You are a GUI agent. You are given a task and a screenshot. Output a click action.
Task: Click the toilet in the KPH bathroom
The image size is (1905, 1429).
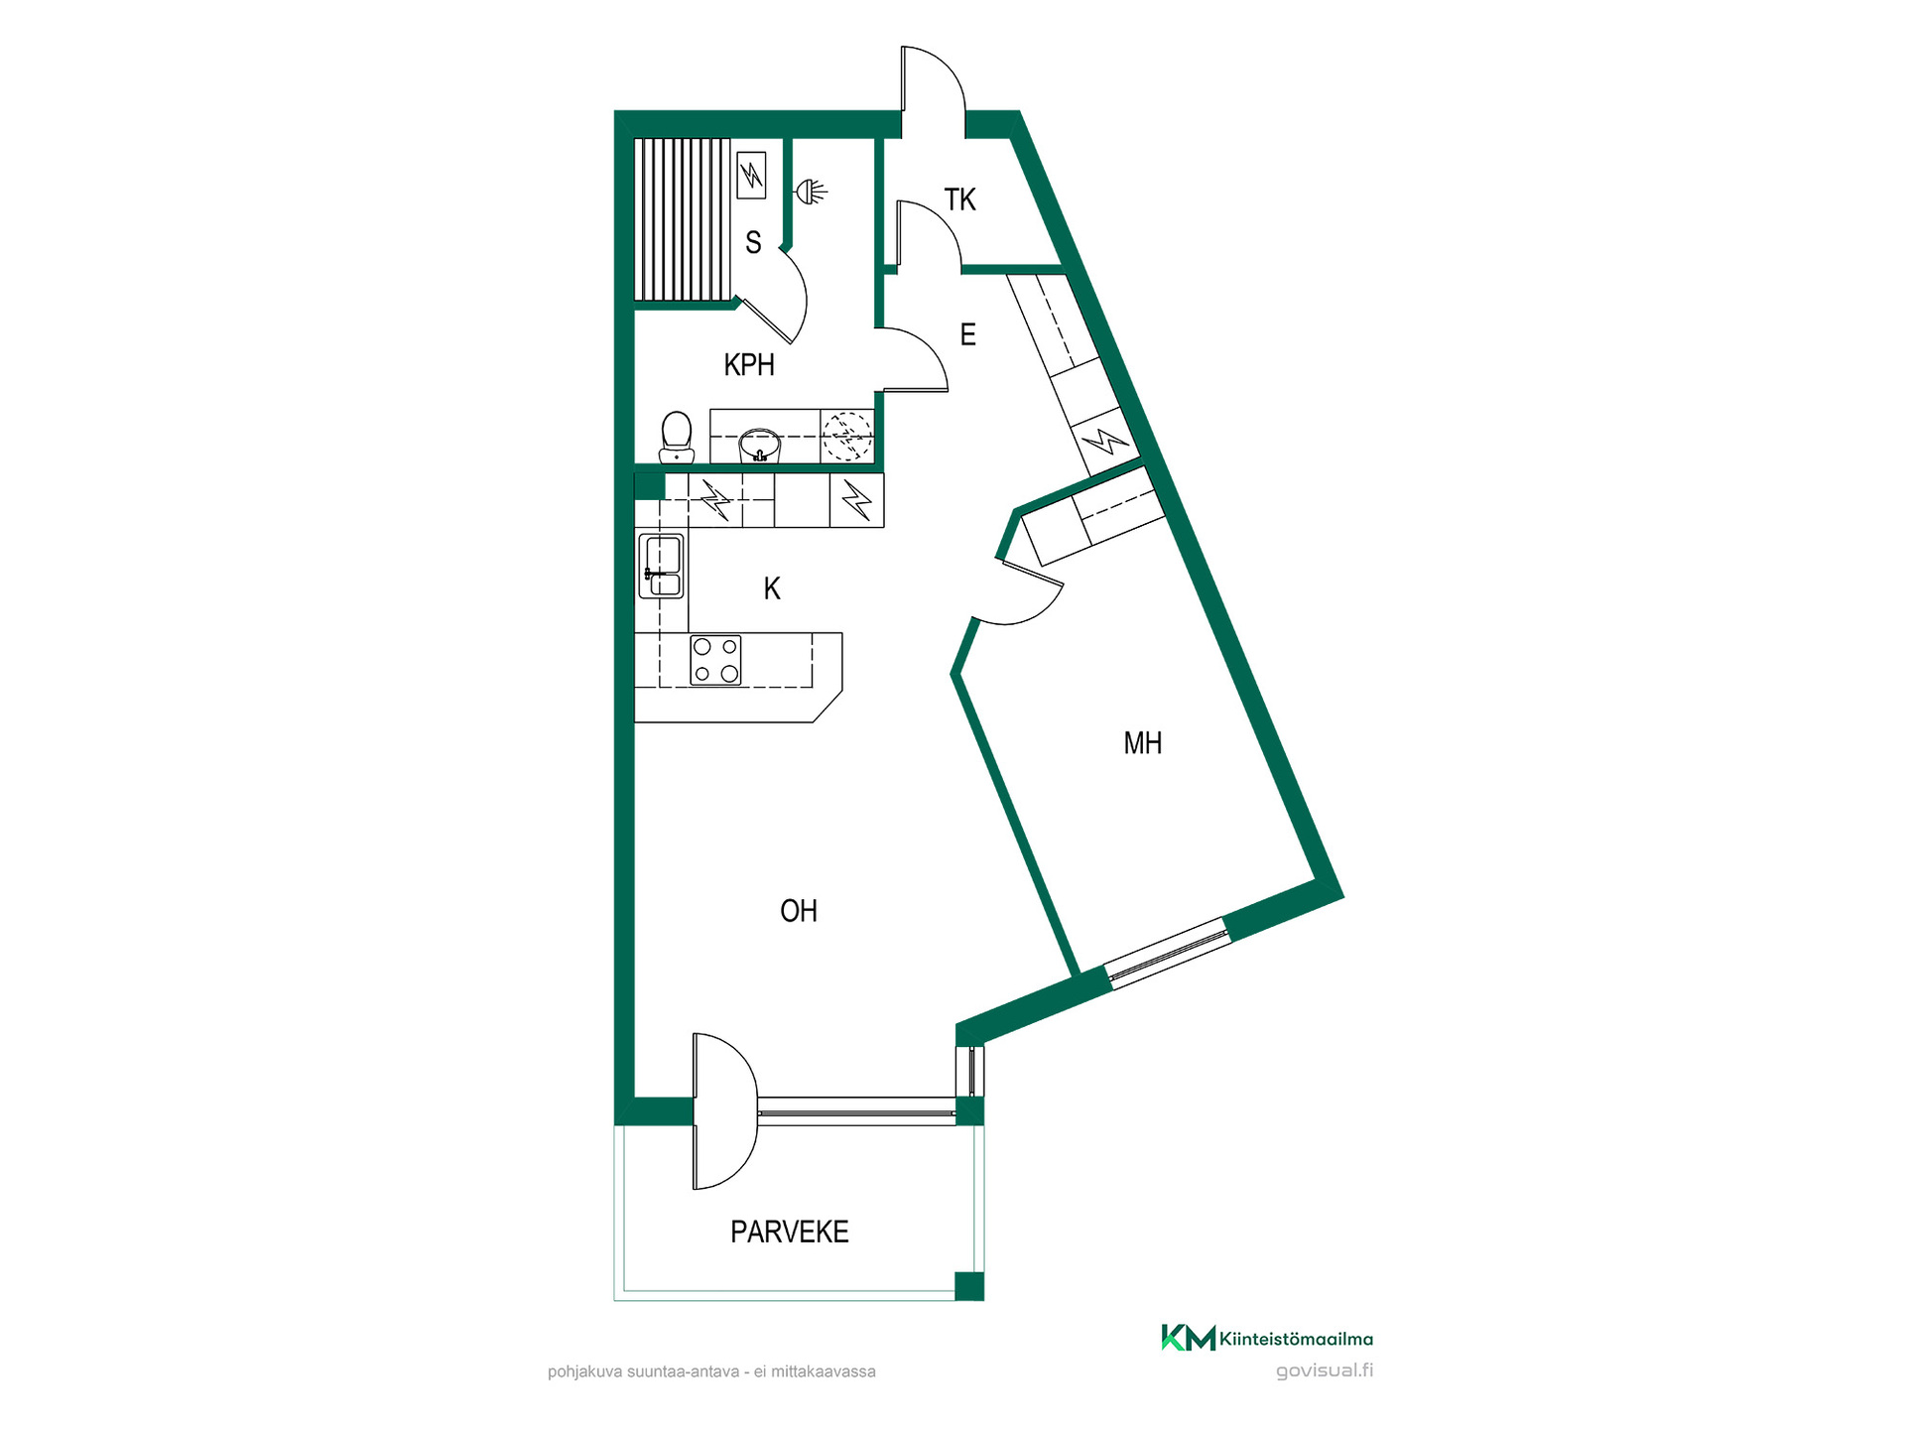click(x=677, y=438)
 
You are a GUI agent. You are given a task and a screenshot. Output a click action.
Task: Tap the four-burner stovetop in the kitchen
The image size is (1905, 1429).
click(x=715, y=661)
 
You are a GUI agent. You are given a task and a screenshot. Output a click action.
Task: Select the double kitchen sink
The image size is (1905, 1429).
click(x=661, y=566)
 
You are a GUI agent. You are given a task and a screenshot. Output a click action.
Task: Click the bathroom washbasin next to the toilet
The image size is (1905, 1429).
click(x=760, y=446)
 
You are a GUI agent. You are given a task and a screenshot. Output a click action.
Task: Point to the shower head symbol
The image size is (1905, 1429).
click(x=812, y=192)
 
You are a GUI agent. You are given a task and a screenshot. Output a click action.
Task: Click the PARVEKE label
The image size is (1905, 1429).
click(x=790, y=1232)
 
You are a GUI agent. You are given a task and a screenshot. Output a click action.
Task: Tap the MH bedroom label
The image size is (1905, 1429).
click(x=1142, y=743)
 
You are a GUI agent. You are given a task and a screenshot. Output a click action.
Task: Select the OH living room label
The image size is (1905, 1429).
click(x=799, y=911)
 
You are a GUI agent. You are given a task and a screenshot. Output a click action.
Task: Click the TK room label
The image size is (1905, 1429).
click(x=959, y=199)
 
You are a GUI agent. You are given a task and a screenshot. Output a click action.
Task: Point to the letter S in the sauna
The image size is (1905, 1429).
click(x=753, y=242)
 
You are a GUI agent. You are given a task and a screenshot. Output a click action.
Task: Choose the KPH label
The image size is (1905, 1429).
click(x=749, y=365)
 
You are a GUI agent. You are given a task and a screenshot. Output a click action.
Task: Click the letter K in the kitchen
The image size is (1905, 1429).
click(x=772, y=588)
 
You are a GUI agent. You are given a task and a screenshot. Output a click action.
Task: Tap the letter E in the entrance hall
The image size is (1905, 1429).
click(x=968, y=334)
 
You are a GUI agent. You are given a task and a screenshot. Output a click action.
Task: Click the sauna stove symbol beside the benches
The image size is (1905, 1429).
click(x=752, y=175)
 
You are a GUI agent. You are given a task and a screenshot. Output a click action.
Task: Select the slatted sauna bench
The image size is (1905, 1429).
click(x=683, y=219)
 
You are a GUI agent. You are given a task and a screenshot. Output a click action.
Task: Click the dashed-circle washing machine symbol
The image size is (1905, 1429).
click(x=847, y=436)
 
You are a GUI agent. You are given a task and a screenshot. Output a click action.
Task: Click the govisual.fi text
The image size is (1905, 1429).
click(x=1325, y=1370)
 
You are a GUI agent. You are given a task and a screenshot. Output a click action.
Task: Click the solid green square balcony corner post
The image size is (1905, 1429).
click(x=969, y=1286)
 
